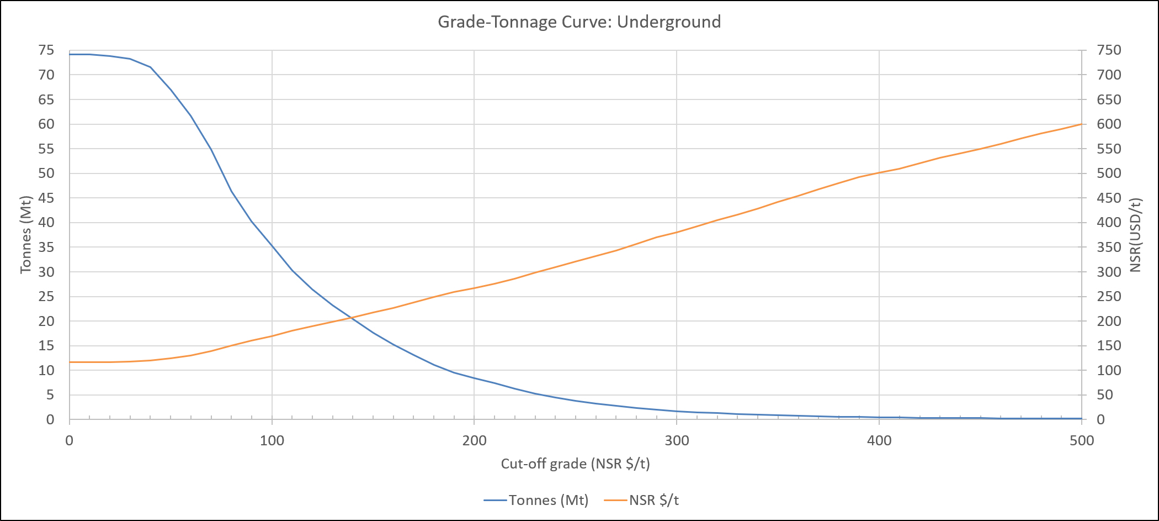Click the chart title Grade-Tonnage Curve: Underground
(x=579, y=22)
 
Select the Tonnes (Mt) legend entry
(x=536, y=500)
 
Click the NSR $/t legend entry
(x=641, y=500)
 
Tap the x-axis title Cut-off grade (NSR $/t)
(x=575, y=464)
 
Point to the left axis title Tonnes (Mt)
(x=25, y=235)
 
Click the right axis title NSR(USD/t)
(x=1135, y=235)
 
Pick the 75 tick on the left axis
(x=46, y=50)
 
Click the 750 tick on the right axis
(x=1109, y=50)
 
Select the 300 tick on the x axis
(x=677, y=440)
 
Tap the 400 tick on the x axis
(x=879, y=440)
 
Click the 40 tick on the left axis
(x=46, y=223)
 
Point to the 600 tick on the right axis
(x=1109, y=124)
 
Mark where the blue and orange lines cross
(x=351, y=318)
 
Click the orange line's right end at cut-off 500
(x=1082, y=124)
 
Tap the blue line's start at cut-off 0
(x=70, y=54)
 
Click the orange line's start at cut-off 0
(x=70, y=362)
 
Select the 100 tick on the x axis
(x=272, y=440)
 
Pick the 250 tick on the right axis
(x=1109, y=297)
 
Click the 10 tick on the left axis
(x=46, y=370)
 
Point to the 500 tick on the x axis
(x=1082, y=440)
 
